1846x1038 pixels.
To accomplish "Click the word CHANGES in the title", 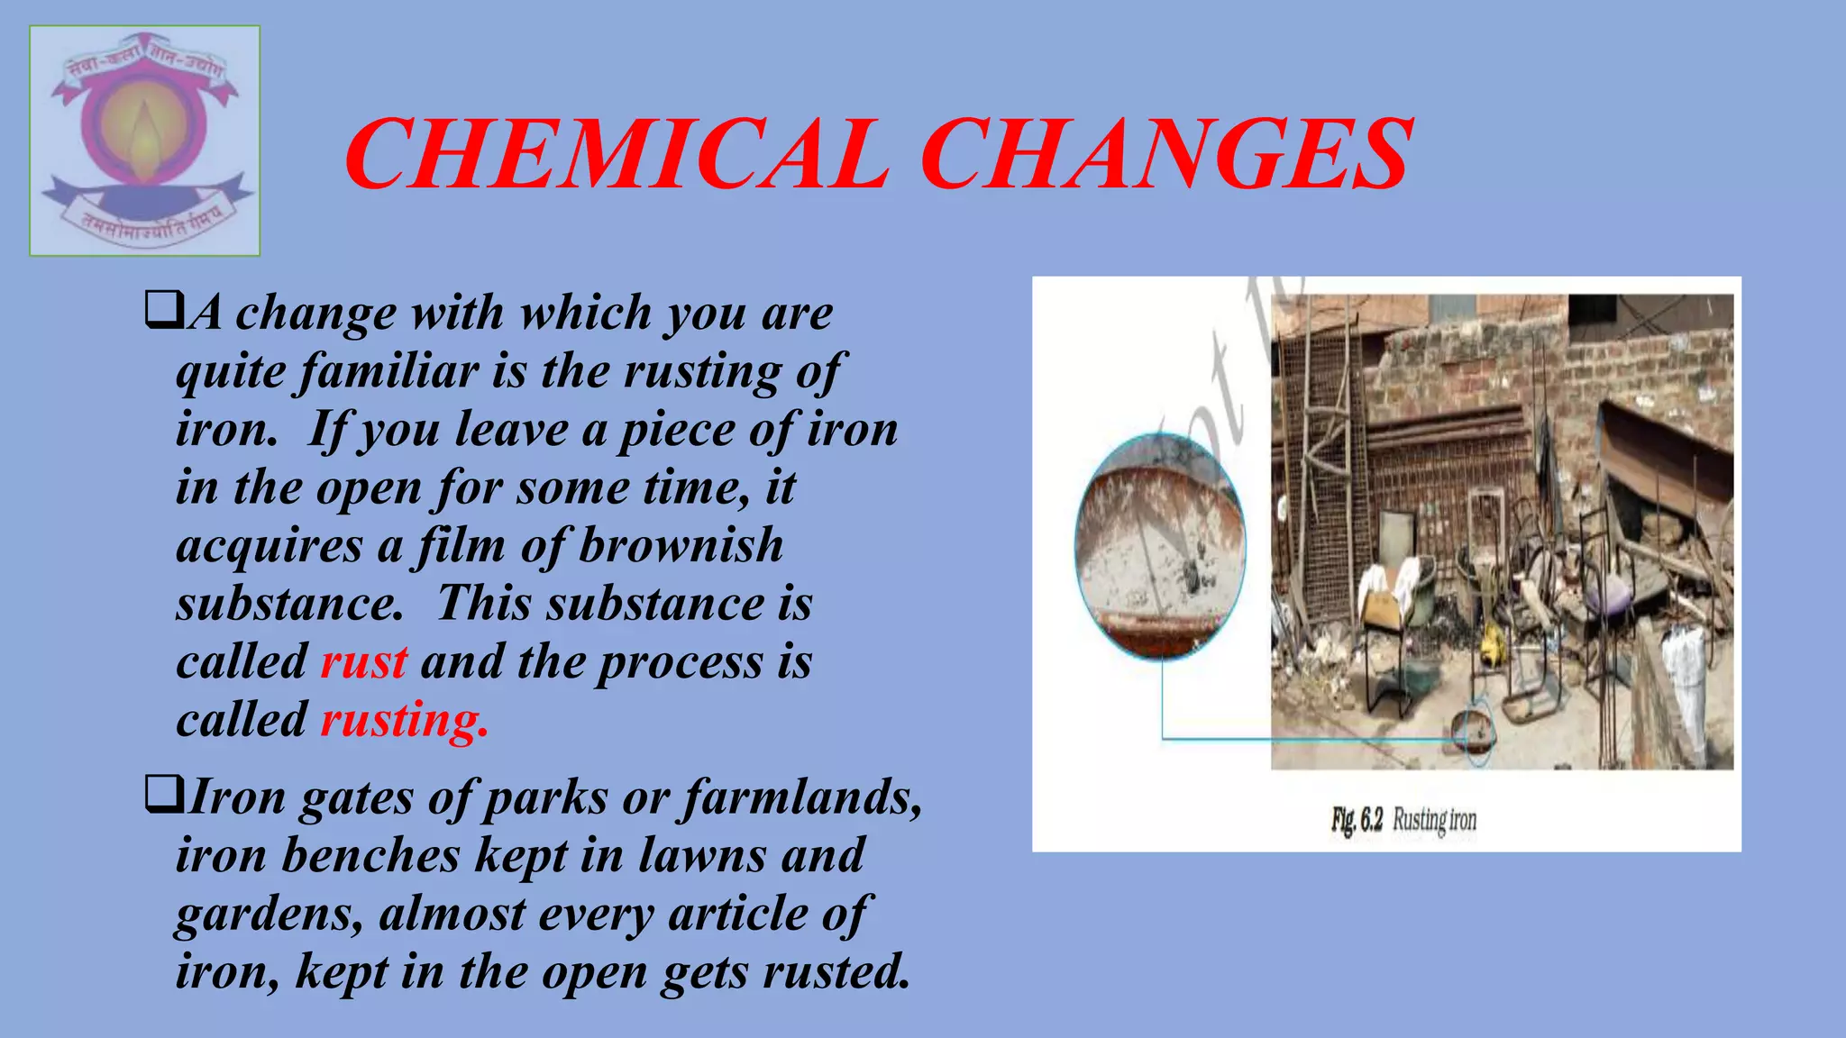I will (x=1166, y=155).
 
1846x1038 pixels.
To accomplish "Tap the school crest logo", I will (x=145, y=141).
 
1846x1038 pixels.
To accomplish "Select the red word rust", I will (x=364, y=662).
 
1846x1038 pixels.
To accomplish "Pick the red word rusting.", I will (x=404, y=721).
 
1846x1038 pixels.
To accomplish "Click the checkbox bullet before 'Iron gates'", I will (x=163, y=796).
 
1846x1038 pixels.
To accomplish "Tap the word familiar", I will (x=388, y=371).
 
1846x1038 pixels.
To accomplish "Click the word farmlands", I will (x=802, y=797).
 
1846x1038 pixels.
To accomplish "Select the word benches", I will (x=370, y=855).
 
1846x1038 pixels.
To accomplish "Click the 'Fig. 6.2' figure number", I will (x=1357, y=820).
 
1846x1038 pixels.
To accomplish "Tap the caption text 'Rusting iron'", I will (x=1434, y=820).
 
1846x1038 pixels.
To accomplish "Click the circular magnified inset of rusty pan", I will (x=1161, y=545).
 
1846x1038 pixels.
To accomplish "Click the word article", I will (x=738, y=914).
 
